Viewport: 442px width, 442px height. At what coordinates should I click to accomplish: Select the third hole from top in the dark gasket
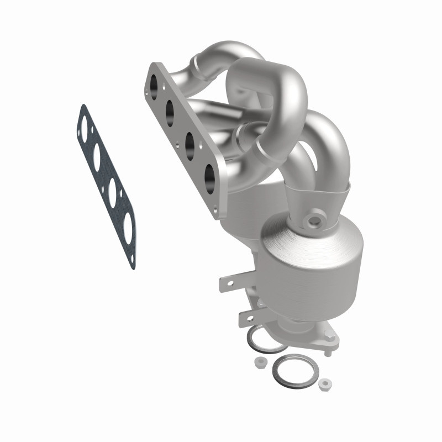pyautogui.click(x=112, y=191)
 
